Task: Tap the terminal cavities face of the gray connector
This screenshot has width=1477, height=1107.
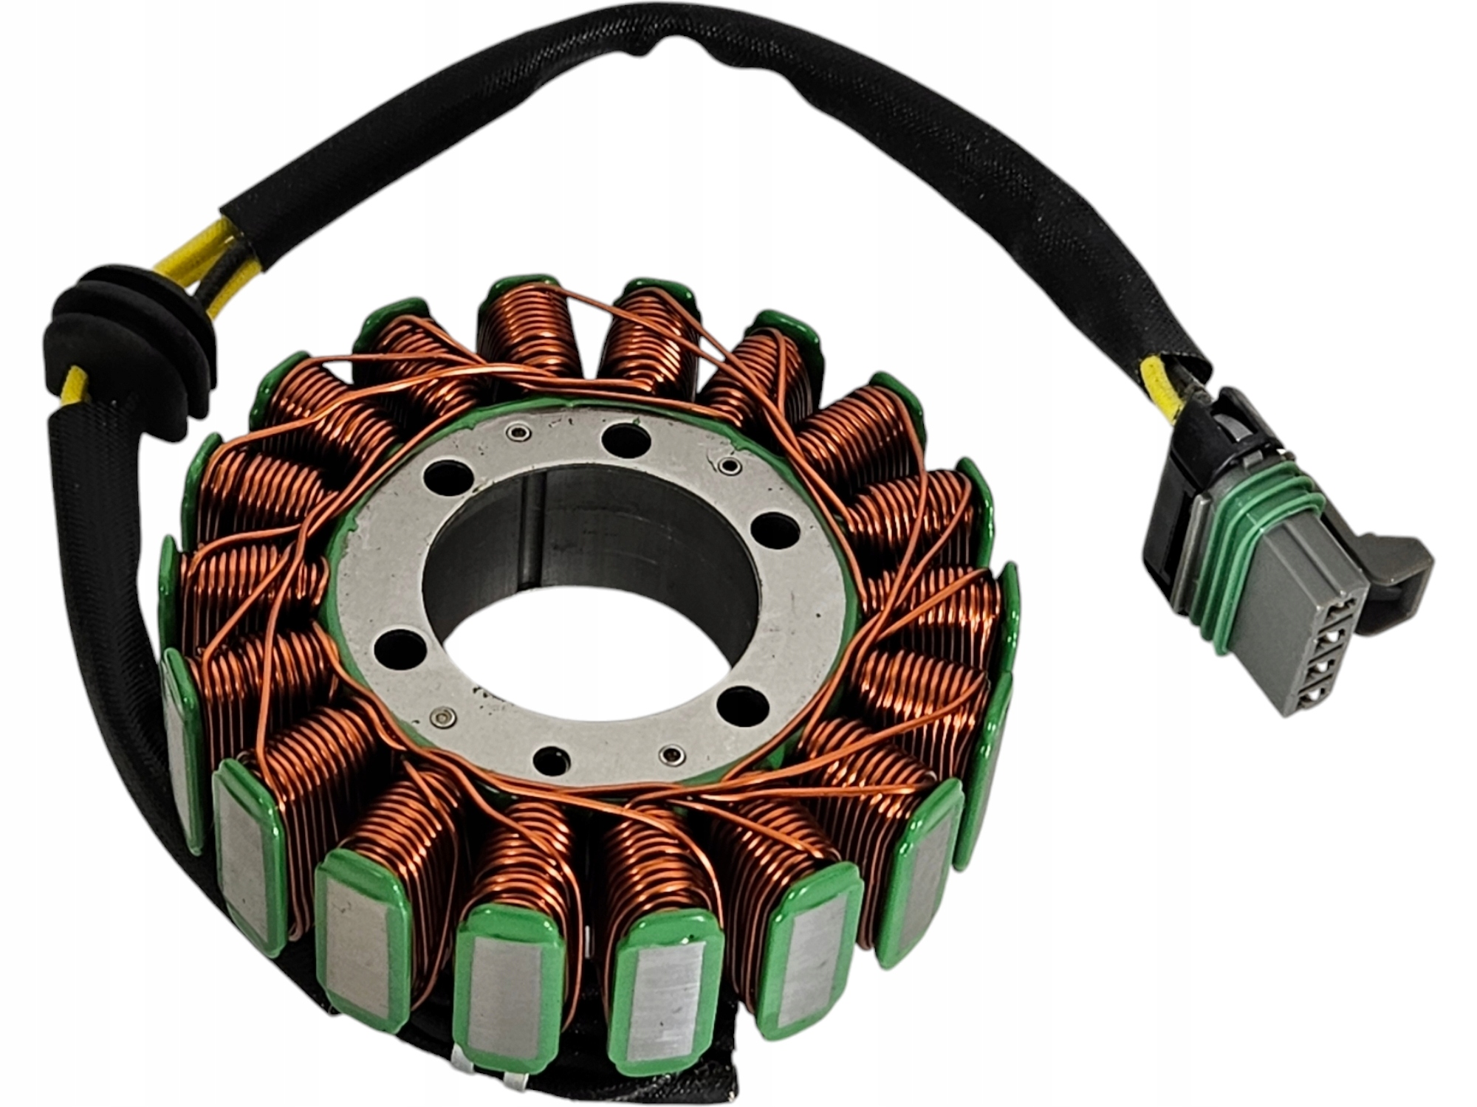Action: click(1322, 653)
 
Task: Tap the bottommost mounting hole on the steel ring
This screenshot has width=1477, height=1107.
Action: click(552, 759)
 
